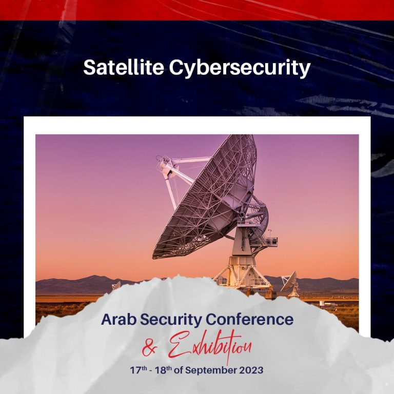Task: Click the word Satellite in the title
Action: click(124, 67)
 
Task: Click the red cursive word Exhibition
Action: click(210, 347)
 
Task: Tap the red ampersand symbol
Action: click(150, 348)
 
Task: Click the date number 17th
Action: click(138, 370)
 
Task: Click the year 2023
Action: click(251, 370)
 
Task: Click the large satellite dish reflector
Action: click(205, 199)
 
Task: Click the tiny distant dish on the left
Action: click(116, 285)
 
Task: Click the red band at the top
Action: click(197, 10)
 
